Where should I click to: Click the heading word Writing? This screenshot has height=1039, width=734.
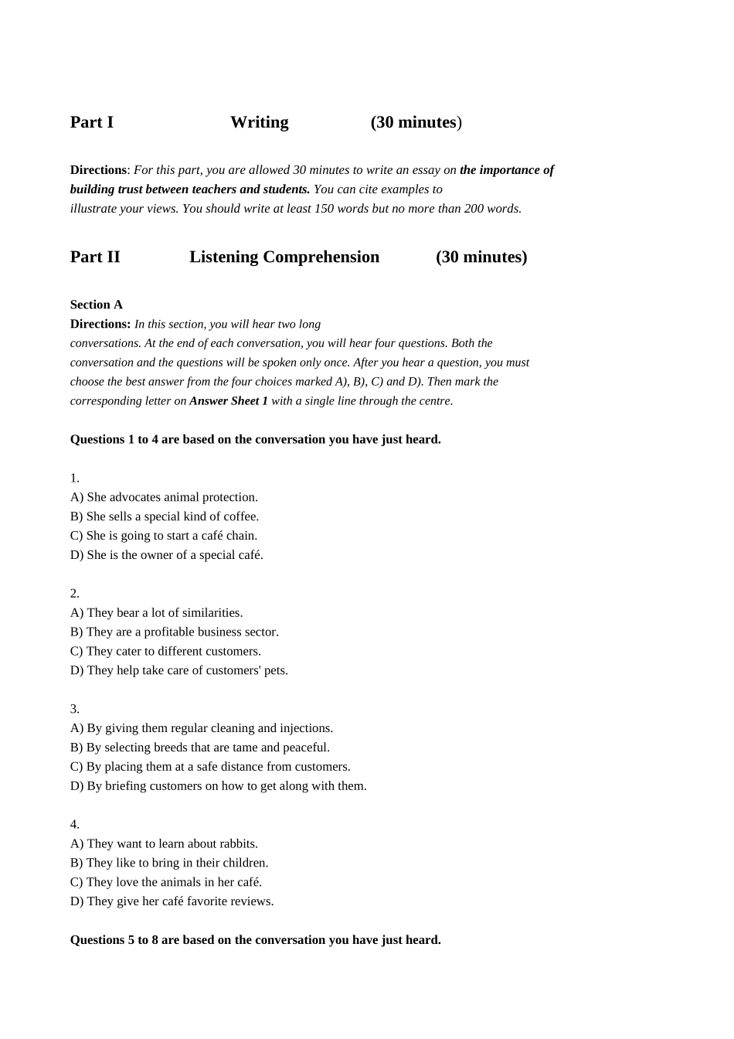click(x=259, y=122)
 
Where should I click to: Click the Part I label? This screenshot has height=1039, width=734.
click(x=91, y=122)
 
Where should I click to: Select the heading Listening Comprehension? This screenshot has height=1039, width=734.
click(x=284, y=257)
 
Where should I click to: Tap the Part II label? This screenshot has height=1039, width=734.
click(x=95, y=257)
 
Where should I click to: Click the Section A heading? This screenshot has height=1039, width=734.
click(x=96, y=305)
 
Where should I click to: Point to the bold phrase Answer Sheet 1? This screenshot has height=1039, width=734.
click(x=229, y=400)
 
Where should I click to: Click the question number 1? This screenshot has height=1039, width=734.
click(x=74, y=478)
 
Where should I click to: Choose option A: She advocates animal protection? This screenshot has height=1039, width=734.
click(x=164, y=497)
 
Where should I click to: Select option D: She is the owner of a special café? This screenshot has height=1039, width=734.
click(x=166, y=555)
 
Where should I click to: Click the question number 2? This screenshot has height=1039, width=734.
click(x=74, y=593)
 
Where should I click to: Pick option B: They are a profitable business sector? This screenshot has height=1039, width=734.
click(x=174, y=632)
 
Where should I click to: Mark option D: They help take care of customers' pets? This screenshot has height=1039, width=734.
click(x=178, y=670)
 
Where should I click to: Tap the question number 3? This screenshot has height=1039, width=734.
click(x=74, y=709)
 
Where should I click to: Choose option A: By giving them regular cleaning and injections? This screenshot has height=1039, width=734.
click(x=201, y=728)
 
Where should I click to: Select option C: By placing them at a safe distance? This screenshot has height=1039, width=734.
click(x=210, y=767)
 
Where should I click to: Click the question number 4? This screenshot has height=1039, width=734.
click(x=74, y=824)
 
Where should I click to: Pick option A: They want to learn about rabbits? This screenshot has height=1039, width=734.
click(x=164, y=843)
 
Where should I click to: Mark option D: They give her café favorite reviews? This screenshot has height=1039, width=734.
click(x=172, y=901)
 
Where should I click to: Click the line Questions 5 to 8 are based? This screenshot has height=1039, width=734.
click(x=255, y=940)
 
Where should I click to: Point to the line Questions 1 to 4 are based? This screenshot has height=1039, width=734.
click(x=255, y=439)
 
